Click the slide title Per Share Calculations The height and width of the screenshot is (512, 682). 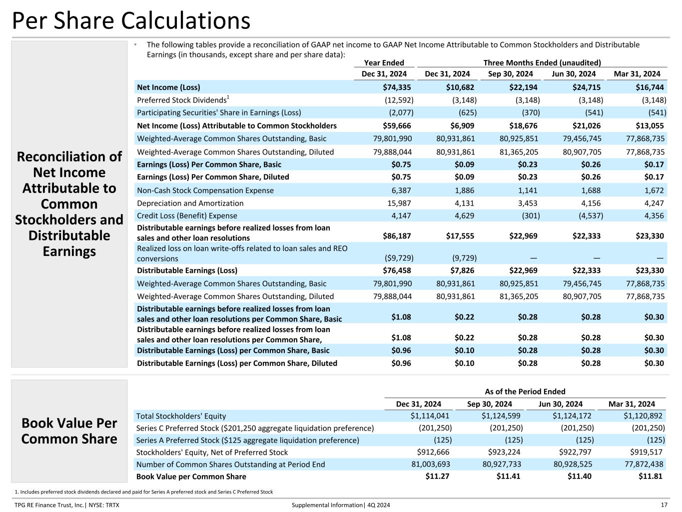click(131, 20)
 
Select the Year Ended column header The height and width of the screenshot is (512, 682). click(384, 63)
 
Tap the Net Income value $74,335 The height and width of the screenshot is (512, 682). click(397, 87)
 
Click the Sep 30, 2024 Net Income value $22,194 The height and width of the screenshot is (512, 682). click(523, 87)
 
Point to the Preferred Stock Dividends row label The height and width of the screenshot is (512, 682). click(182, 100)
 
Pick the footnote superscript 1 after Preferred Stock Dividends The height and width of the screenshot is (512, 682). click(228, 97)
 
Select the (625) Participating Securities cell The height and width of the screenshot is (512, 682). click(468, 112)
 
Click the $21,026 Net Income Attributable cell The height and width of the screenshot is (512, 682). click(587, 125)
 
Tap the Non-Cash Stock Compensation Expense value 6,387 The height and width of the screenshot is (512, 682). click(401, 190)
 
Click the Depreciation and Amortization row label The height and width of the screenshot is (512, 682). click(190, 203)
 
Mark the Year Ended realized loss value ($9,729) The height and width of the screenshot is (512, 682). click(399, 258)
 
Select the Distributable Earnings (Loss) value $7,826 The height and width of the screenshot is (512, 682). click(462, 270)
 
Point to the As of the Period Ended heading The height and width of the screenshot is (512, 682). click(525, 391)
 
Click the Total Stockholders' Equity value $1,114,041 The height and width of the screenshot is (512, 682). click(430, 416)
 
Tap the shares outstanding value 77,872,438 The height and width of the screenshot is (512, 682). click(644, 464)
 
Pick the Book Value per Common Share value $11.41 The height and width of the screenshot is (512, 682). click(508, 476)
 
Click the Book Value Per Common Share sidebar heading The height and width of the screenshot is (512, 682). click(69, 431)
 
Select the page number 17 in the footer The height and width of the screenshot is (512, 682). click(664, 505)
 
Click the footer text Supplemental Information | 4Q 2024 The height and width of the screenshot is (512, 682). click(341, 505)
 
